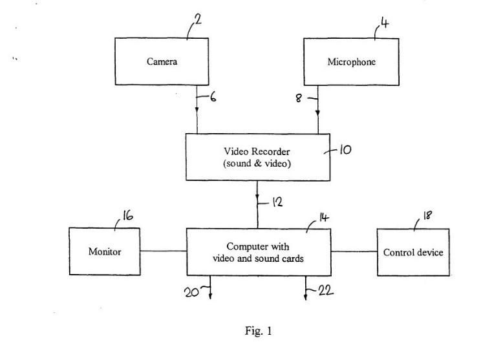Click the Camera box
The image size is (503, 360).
pos(162,63)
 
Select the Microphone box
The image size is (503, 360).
pos(351,63)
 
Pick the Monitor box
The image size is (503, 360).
pos(104,251)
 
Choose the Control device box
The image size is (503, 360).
pos(413,252)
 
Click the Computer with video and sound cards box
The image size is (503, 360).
pos(257,252)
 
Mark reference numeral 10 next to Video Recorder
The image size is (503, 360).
pos(345,151)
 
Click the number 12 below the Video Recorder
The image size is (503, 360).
pos(276,202)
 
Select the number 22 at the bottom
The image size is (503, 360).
pos(325,291)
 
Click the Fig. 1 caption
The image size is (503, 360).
pos(258,332)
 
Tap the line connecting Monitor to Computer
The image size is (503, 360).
pos(162,251)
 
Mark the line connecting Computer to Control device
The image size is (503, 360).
pos(354,251)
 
